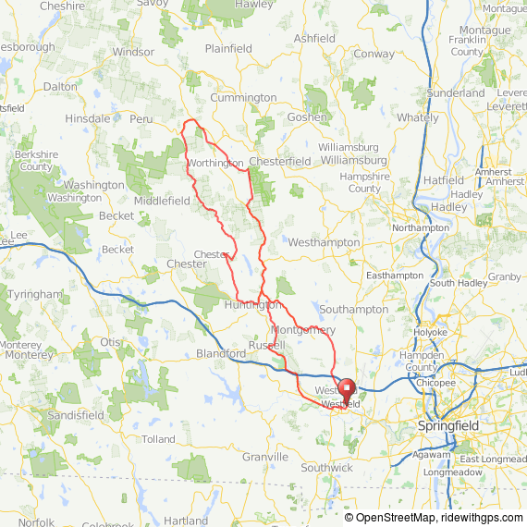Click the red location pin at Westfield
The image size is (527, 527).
(x=347, y=389)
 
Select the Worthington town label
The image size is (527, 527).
(x=214, y=163)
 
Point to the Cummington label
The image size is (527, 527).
(x=243, y=97)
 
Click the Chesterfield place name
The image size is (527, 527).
(x=280, y=161)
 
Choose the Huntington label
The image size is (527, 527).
(x=252, y=304)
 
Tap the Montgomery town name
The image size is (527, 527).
(x=303, y=330)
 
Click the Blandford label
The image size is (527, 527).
(x=221, y=353)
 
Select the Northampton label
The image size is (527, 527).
(x=421, y=227)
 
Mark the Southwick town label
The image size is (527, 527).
(x=326, y=468)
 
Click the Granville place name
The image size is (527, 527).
(x=265, y=457)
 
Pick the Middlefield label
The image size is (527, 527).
(x=162, y=201)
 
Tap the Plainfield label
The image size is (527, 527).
(x=228, y=48)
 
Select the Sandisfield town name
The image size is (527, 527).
(x=77, y=416)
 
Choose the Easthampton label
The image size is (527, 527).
(x=395, y=276)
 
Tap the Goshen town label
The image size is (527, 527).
(x=308, y=117)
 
